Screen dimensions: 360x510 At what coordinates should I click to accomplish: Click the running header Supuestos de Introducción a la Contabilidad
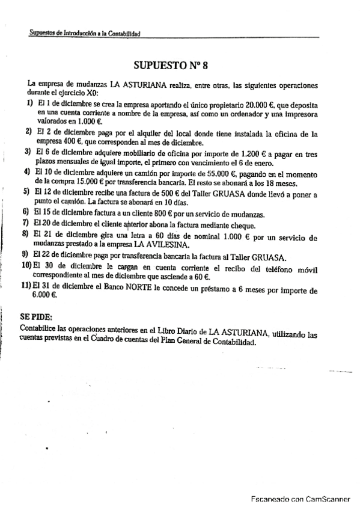click(85, 34)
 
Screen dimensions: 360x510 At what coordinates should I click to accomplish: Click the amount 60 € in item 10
click(202, 277)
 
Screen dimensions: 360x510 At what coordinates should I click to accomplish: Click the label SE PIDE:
click(36, 316)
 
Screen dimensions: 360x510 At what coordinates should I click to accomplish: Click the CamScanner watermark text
click(300, 498)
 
